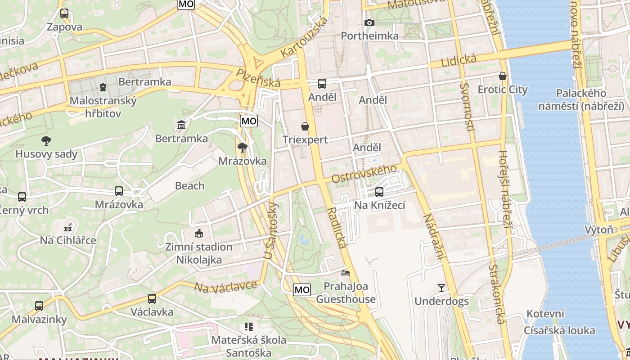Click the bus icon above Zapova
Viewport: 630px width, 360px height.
pos(64,13)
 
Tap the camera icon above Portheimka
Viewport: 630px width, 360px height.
pos(369,22)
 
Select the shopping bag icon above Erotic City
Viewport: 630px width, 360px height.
pos(502,76)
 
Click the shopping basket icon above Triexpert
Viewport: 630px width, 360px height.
pos(305,126)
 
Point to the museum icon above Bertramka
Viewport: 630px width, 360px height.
pos(181,124)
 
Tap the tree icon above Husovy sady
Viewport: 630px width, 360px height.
pos(46,141)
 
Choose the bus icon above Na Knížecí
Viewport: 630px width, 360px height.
pos(379,192)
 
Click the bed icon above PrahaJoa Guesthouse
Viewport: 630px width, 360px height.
pos(345,273)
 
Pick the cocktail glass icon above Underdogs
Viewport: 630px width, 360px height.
pos(441,288)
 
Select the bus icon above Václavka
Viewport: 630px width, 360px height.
pos(152,298)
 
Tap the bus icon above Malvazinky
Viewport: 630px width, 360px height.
pos(39,306)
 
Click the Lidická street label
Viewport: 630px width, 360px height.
pos(459,60)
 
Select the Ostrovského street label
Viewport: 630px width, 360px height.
pos(364,174)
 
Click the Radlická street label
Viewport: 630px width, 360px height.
pos(337,228)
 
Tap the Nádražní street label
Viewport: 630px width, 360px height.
pos(432,236)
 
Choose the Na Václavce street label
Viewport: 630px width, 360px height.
pos(225,287)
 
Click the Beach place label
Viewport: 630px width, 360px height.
pos(189,185)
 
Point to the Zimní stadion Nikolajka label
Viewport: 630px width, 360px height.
pos(199,253)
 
